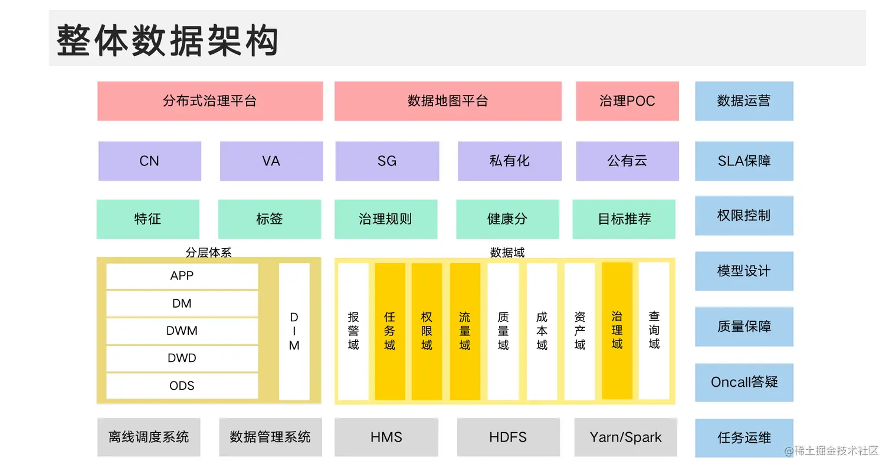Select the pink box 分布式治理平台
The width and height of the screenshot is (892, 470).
tap(209, 101)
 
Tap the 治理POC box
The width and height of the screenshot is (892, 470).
tap(627, 101)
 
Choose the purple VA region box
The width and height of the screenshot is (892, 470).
tap(271, 161)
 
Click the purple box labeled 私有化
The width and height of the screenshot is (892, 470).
tap(509, 161)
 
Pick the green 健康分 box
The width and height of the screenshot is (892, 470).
tap(507, 219)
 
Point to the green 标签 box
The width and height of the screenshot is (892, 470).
tap(270, 219)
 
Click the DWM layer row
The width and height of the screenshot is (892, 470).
tap(182, 331)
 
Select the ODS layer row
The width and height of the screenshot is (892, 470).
tap(182, 386)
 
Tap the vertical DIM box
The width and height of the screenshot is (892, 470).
tap(294, 331)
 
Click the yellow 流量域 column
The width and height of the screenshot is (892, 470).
tap(465, 331)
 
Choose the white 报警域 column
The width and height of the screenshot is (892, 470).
tap(353, 331)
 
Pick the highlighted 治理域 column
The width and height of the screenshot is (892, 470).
tap(617, 331)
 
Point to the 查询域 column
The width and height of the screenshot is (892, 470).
tap(654, 331)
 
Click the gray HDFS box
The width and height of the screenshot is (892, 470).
tap(508, 438)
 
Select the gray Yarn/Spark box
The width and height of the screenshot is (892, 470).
tap(625, 438)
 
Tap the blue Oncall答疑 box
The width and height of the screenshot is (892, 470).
tap(744, 382)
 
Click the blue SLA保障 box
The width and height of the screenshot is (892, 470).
tap(744, 161)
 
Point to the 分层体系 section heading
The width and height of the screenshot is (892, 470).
tap(208, 253)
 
